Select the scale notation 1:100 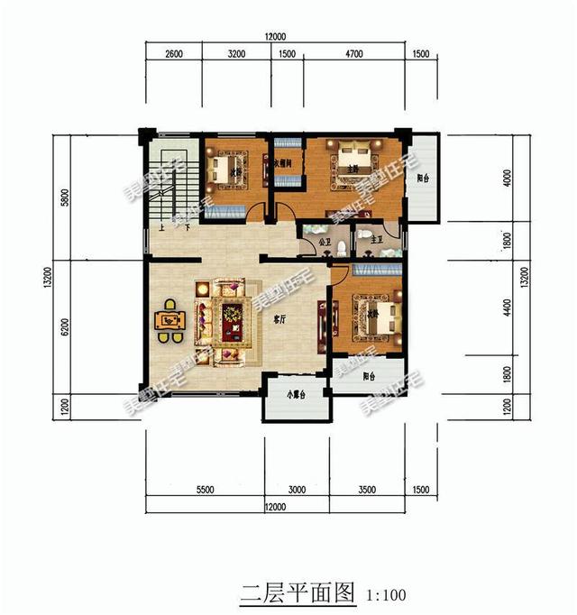386,595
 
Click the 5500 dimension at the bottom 205,490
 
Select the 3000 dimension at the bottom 298,490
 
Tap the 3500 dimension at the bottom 367,490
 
